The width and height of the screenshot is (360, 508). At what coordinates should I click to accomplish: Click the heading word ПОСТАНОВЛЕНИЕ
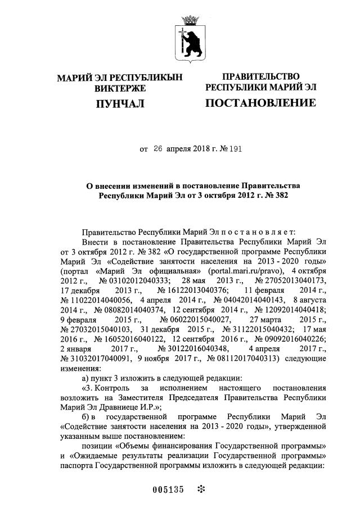260,103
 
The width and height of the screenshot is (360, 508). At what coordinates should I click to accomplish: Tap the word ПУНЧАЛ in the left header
119,103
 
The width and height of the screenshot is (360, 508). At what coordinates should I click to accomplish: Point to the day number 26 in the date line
157,150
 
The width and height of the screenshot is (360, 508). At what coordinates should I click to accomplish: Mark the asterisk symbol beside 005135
200,488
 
